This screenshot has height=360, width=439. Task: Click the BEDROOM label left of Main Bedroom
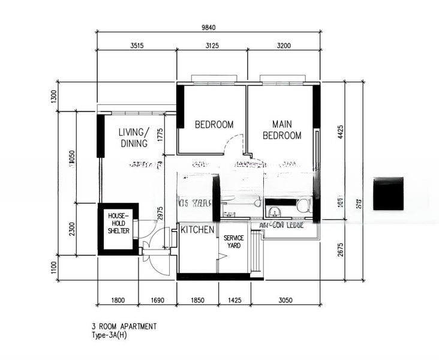pos(214,125)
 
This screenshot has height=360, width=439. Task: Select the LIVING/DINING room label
pos(133,137)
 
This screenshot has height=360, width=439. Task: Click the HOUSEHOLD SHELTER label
pos(118,223)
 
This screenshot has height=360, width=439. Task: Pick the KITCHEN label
pos(198,230)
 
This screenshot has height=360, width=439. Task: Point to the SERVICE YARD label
pos(233,242)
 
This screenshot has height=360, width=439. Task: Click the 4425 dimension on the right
pos(340,132)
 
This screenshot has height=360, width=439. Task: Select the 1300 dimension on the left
pos(54,97)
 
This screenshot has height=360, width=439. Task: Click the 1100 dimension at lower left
pos(54,267)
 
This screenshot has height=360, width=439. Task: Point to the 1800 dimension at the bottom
pos(118,300)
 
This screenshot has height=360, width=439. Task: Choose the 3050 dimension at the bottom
pos(285,300)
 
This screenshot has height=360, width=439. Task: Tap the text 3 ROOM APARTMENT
pos(124,326)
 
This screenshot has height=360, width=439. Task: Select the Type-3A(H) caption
pos(110,335)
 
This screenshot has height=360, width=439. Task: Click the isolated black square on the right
pos(388,194)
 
